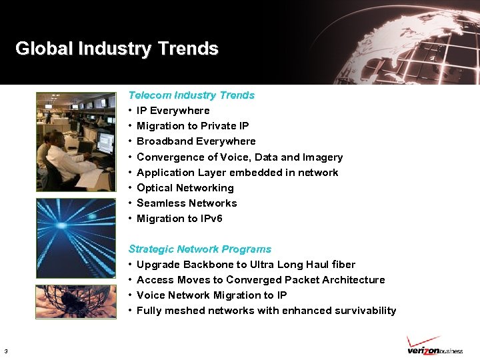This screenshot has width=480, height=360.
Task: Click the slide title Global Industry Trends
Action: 117,49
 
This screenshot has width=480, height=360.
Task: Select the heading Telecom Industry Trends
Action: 191,95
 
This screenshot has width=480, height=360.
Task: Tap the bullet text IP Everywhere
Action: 173,111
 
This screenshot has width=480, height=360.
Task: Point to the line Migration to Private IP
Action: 193,126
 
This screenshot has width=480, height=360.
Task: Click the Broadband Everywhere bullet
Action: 196,141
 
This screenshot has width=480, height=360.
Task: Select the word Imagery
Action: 323,157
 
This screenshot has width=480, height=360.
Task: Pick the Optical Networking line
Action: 185,188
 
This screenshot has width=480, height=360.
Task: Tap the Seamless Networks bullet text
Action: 187,203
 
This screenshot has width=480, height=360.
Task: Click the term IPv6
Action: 211,219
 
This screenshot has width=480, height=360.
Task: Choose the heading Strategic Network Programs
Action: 199,249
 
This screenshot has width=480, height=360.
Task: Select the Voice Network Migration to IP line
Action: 211,295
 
